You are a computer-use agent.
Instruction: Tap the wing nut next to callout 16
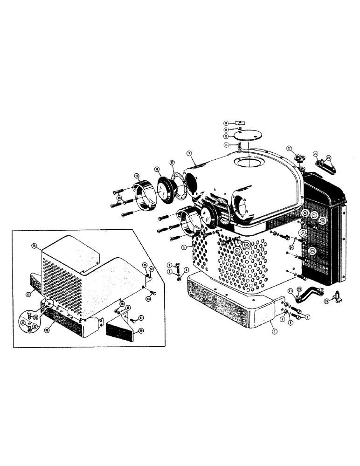(238, 123)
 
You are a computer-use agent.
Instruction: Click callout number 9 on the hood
(189, 152)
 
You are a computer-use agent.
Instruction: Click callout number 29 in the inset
(34, 245)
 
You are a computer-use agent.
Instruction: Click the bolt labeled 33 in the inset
(152, 292)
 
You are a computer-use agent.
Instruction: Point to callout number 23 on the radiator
(313, 251)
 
